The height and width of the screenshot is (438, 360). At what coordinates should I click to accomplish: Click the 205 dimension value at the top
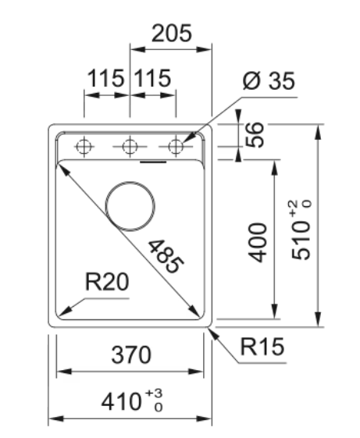tap(172, 33)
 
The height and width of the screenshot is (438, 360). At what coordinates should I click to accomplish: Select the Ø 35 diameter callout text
tap(269, 80)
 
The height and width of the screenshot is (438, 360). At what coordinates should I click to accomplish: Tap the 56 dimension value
tap(254, 134)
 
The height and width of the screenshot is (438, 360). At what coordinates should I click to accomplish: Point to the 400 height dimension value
tap(258, 243)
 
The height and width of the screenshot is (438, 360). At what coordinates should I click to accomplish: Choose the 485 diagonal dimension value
tap(166, 256)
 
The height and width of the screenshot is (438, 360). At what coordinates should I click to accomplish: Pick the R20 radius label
tap(107, 282)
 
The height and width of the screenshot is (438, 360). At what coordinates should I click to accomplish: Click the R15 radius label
tap(262, 347)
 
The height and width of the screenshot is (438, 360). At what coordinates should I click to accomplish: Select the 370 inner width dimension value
tap(131, 354)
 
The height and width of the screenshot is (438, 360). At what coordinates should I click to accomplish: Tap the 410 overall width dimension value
tap(121, 402)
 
